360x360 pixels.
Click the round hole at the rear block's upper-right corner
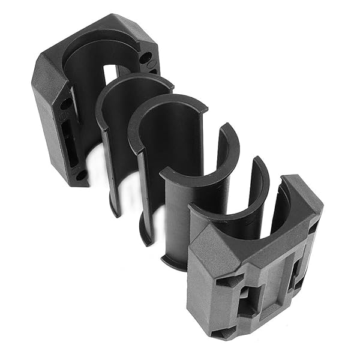point(146,59)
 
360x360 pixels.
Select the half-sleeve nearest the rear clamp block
point(117,138)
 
